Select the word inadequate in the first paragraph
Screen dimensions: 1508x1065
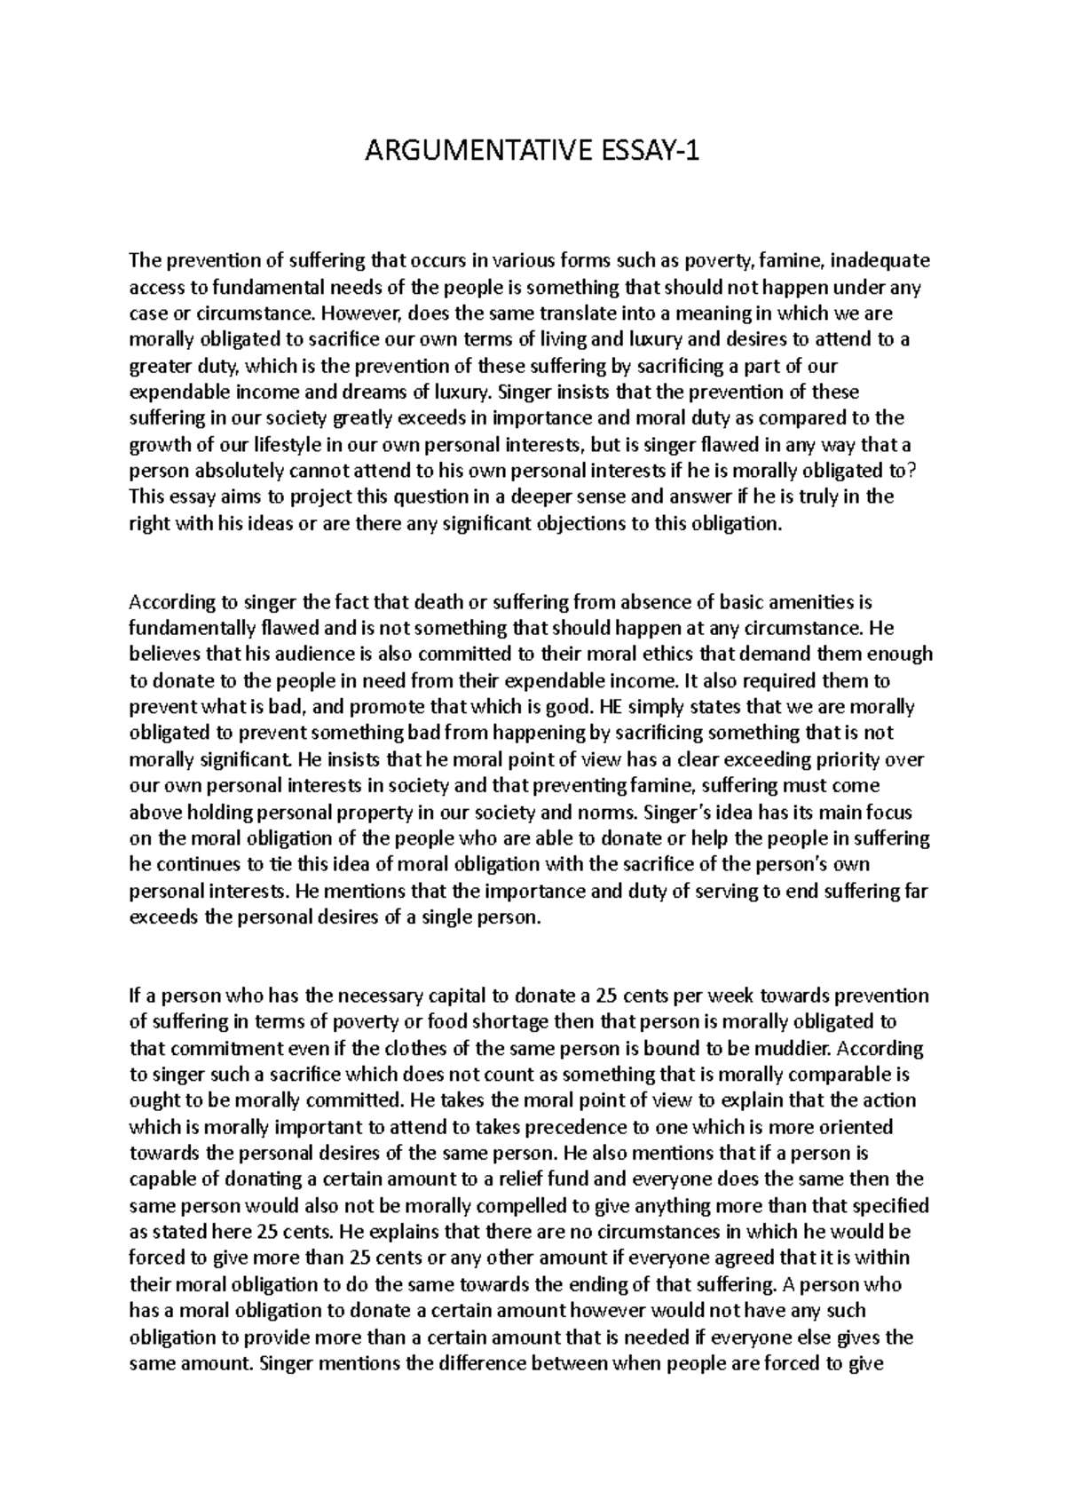[x=880, y=260]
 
